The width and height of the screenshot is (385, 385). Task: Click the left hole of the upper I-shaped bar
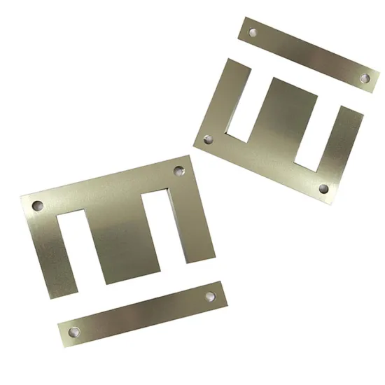pos(253,31)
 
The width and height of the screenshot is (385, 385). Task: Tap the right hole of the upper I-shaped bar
pos(364,78)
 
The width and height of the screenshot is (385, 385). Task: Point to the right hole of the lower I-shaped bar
pos(209,297)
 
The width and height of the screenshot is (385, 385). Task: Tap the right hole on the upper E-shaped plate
pos(323,188)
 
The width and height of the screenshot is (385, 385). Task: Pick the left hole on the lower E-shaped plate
pos(36,206)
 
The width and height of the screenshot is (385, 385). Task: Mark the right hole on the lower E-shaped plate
pos(178,169)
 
